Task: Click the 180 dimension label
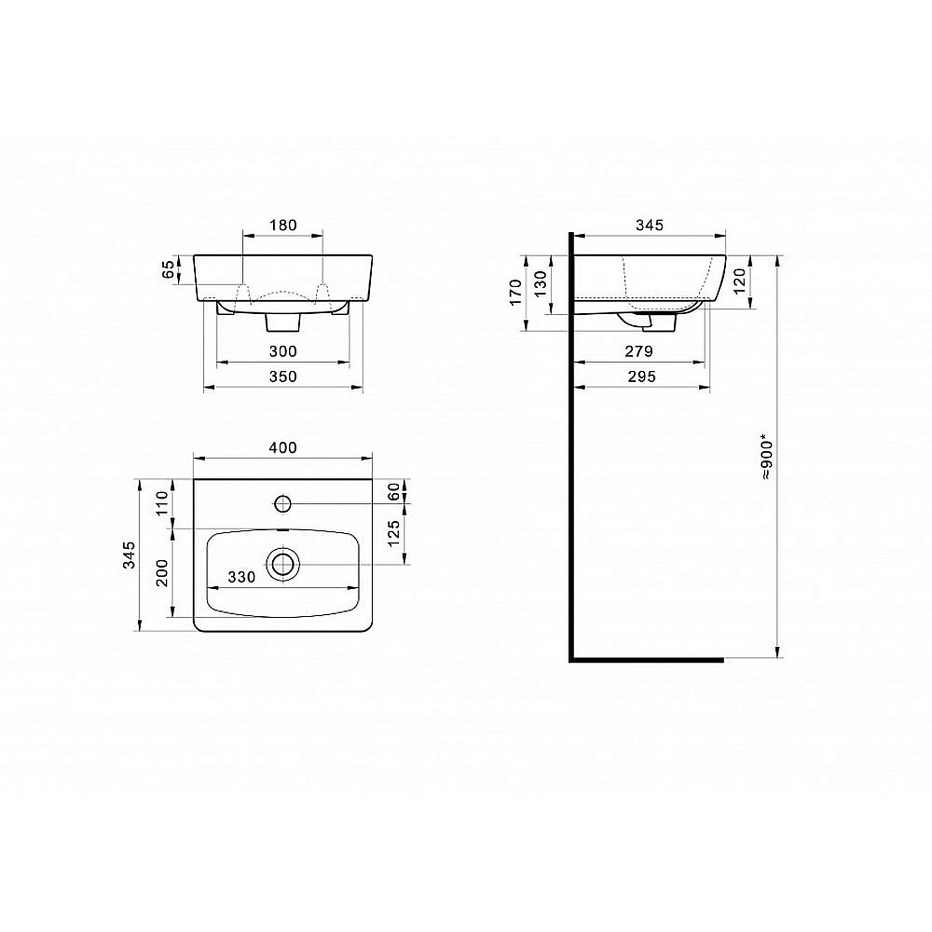283,226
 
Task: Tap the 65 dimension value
170,269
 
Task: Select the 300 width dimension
283,351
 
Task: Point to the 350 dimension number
283,377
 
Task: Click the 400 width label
283,447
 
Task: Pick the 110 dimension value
162,503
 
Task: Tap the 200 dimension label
162,573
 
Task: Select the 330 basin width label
242,577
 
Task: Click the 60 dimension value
394,491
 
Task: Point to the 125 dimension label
394,533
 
